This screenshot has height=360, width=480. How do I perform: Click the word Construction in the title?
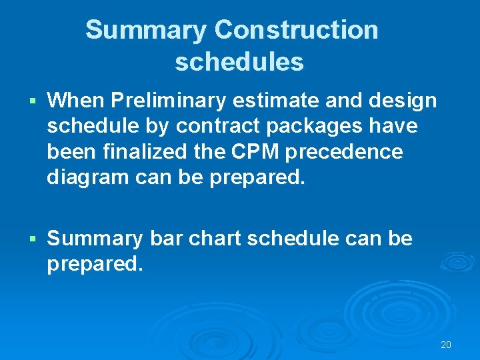coord(297,30)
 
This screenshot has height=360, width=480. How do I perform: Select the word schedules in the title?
coord(239,62)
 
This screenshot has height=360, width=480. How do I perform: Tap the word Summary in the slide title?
coord(147,30)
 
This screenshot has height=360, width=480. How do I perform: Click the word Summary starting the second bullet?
coord(95,238)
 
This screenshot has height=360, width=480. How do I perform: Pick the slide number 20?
coord(446,345)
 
